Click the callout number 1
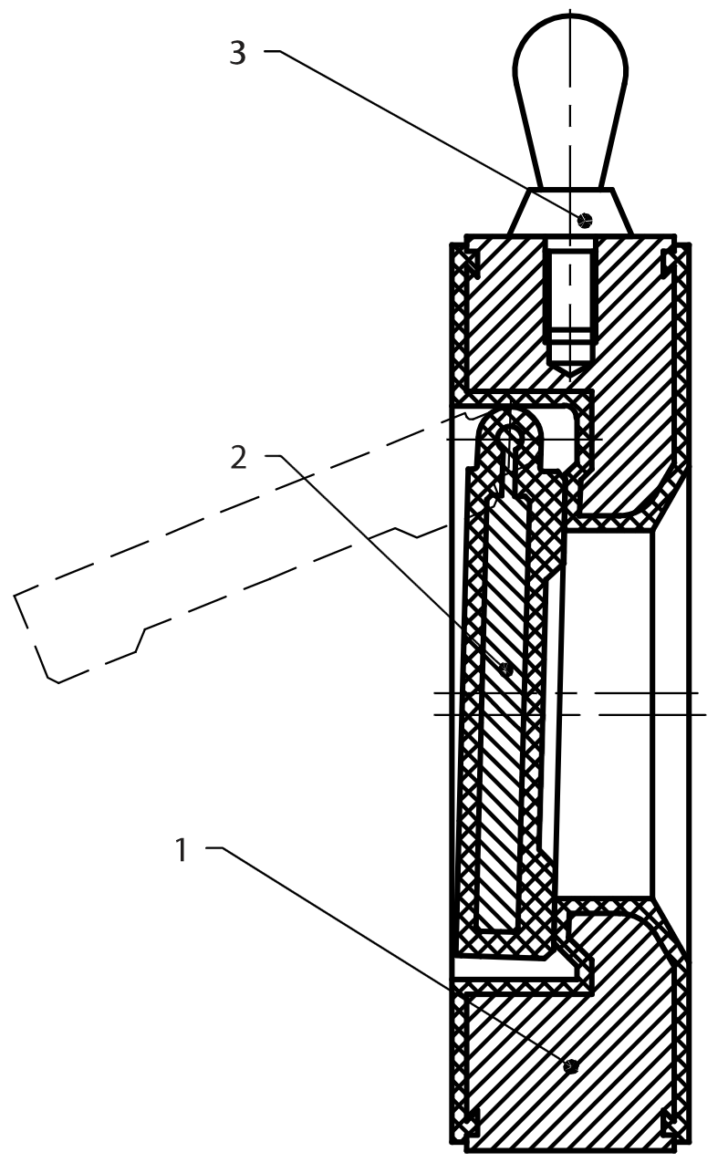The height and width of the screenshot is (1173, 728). [182, 851]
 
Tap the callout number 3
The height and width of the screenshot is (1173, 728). [237, 53]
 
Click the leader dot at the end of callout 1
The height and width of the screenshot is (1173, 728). [571, 1065]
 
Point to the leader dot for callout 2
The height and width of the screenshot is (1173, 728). [507, 669]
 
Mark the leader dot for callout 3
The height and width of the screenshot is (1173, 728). [585, 219]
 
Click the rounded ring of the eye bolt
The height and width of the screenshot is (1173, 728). [570, 82]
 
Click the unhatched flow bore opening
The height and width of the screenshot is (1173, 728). [607, 711]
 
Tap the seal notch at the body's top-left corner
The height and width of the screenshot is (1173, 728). [468, 262]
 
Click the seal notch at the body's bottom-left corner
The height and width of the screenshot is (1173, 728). [468, 1124]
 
